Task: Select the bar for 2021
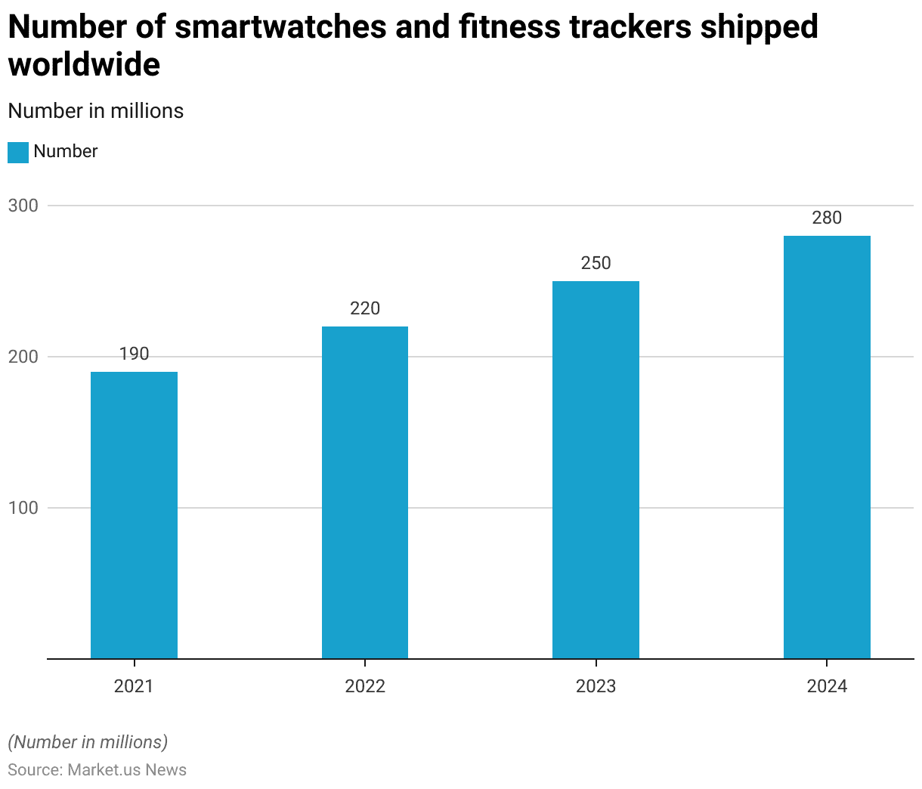tap(134, 515)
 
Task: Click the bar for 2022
tap(365, 492)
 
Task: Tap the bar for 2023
tap(596, 469)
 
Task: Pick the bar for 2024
tap(827, 447)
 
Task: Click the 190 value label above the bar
tap(134, 354)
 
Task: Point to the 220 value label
tap(365, 308)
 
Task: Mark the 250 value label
tap(596, 263)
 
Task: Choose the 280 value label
tap(827, 218)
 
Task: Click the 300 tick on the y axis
tap(23, 206)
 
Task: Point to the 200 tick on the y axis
tap(23, 357)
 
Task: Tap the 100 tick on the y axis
tap(23, 508)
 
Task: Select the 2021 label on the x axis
tap(134, 686)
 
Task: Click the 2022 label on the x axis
tap(365, 686)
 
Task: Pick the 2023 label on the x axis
tap(596, 686)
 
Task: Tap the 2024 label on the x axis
tap(827, 686)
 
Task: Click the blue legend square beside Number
tap(18, 152)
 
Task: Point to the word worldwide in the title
tap(84, 65)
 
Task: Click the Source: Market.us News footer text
tap(97, 769)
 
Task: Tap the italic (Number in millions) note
tap(88, 742)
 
